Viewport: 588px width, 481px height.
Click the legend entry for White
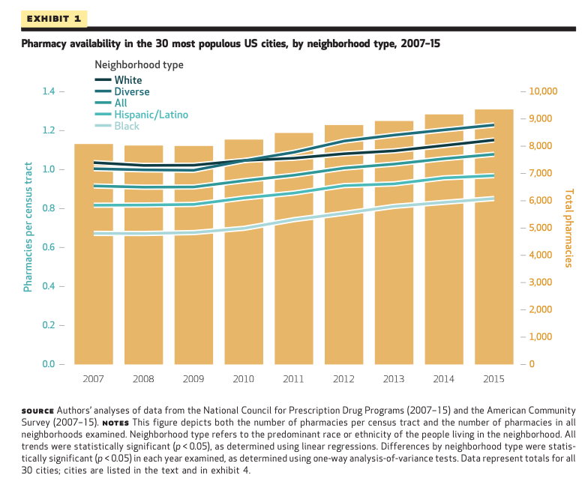pyautogui.click(x=127, y=80)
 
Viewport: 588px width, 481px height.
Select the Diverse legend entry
pyautogui.click(x=131, y=91)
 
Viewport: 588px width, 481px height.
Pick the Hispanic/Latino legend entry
pyautogui.click(x=150, y=115)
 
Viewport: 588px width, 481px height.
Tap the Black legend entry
pyautogui.click(x=127, y=126)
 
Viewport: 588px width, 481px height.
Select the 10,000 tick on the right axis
pyautogui.click(x=544, y=91)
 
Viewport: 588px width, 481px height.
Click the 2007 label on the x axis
pyautogui.click(x=93, y=379)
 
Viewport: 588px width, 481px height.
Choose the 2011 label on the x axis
pyautogui.click(x=293, y=379)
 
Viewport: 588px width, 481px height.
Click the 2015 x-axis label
pyautogui.click(x=494, y=379)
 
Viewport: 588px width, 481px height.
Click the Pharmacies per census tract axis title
pyautogui.click(x=28, y=226)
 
